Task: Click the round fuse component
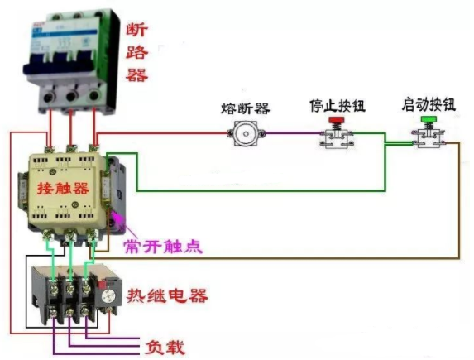[244, 134]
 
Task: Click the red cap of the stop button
[337, 121]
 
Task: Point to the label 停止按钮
[337, 106]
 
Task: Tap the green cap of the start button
[429, 121]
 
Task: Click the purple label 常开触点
[161, 246]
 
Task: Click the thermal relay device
[70, 294]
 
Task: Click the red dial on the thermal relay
[107, 290]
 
